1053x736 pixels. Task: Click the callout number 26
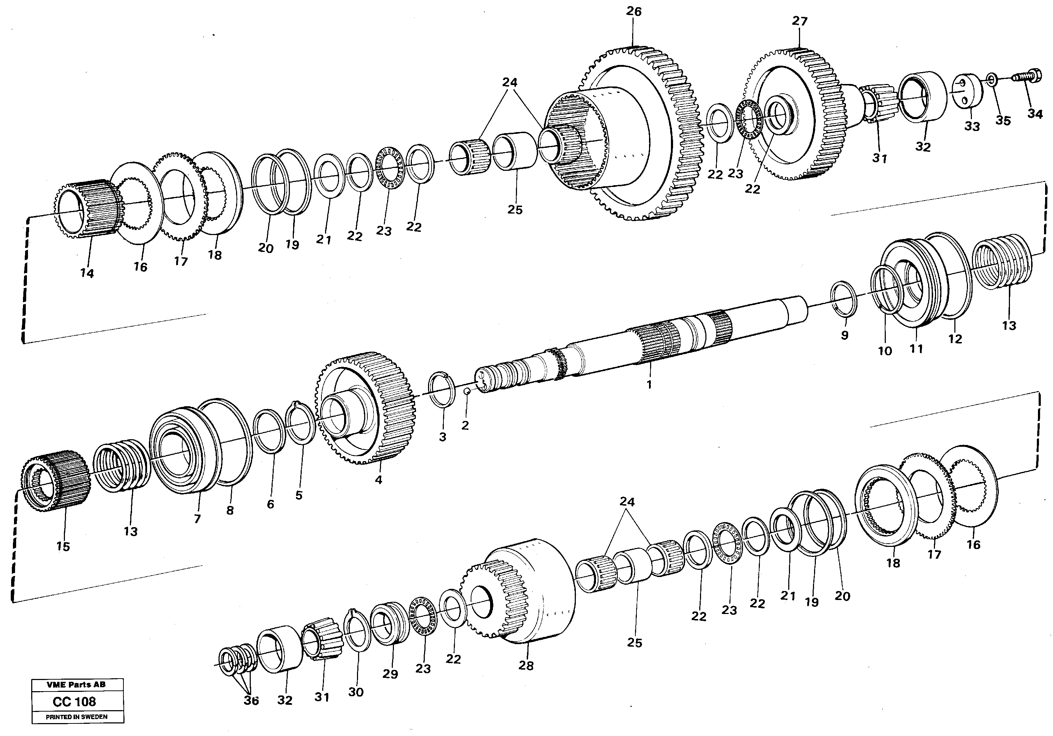(x=634, y=11)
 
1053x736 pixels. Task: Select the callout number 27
(x=799, y=21)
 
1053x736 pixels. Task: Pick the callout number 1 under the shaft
(x=649, y=385)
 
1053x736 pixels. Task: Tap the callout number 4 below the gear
(x=379, y=480)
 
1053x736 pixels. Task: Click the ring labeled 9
(x=844, y=299)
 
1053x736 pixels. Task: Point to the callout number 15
(x=63, y=547)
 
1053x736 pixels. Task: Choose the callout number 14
(x=87, y=273)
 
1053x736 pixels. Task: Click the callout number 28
(x=526, y=665)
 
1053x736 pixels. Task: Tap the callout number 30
(x=356, y=692)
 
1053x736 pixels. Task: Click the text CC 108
(x=74, y=702)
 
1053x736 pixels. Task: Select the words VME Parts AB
(x=76, y=685)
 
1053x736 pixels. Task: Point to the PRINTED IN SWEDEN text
(x=76, y=717)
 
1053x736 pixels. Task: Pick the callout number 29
(x=390, y=675)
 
